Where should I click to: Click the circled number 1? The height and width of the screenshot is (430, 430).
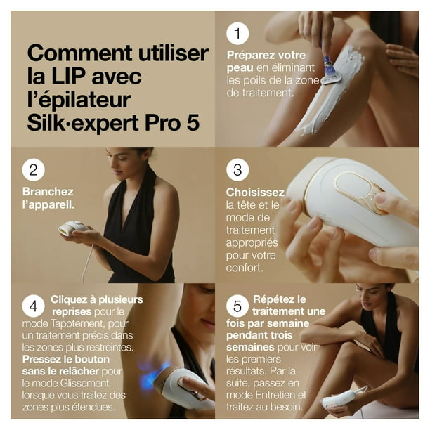click(237, 34)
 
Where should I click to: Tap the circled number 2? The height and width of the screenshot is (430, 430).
click(34, 170)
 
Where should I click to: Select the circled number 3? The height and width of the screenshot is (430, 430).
click(237, 170)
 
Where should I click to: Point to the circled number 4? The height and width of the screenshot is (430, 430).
click(34, 306)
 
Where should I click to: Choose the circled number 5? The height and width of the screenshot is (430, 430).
click(237, 306)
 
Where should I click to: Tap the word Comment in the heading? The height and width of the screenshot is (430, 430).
click(79, 53)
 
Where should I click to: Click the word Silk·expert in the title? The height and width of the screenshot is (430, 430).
click(82, 123)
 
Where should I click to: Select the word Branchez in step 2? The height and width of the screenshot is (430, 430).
click(48, 191)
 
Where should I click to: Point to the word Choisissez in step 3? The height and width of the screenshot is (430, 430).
click(255, 193)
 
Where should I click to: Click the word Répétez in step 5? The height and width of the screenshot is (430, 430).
click(272, 299)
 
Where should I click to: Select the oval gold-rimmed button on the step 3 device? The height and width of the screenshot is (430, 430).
click(353, 185)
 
